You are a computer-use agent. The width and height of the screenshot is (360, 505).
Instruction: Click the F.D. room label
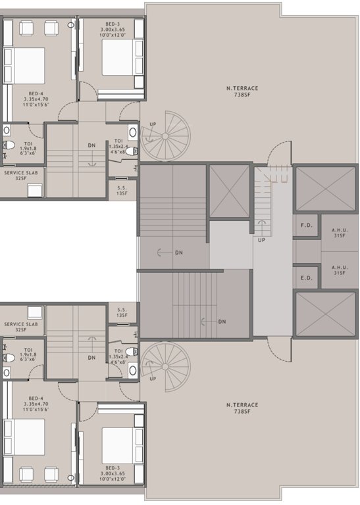(x=305, y=226)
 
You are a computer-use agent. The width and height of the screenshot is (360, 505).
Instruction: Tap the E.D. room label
(x=305, y=277)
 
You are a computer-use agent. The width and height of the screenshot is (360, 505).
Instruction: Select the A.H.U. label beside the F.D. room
(x=340, y=233)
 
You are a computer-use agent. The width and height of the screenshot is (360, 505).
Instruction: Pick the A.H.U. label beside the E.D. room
(x=340, y=270)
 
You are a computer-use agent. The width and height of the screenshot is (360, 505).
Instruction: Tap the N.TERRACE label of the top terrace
(x=240, y=88)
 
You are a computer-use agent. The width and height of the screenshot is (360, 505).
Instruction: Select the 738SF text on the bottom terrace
(x=240, y=411)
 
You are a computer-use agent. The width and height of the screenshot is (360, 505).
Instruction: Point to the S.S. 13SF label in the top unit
(x=122, y=190)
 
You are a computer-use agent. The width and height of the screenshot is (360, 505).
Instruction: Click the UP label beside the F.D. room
(x=261, y=239)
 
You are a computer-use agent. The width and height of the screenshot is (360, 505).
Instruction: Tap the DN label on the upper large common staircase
(x=179, y=252)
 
